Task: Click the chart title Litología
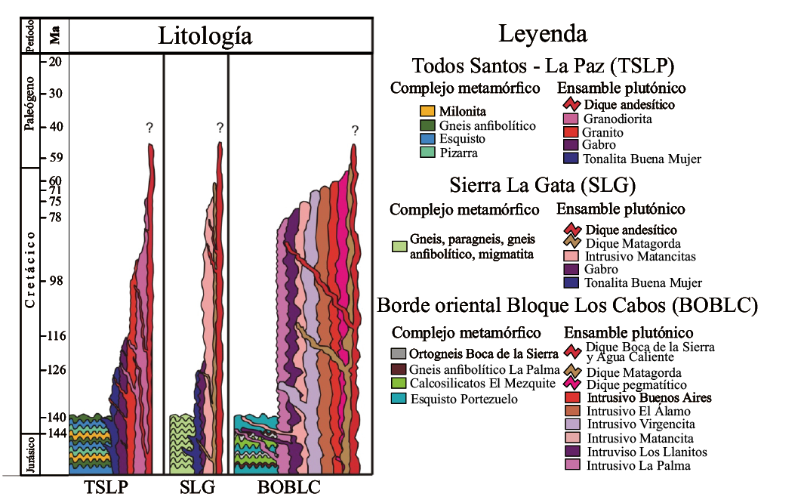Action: pyautogui.click(x=205, y=35)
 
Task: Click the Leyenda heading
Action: pyautogui.click(x=542, y=34)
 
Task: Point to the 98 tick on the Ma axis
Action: pyautogui.click(x=55, y=281)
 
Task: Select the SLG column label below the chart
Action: pyautogui.click(x=197, y=487)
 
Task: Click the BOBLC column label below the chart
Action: pyautogui.click(x=289, y=487)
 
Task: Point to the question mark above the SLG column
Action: pyautogui.click(x=220, y=128)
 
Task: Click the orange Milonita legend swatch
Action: pyautogui.click(x=427, y=112)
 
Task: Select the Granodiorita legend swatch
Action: pyautogui.click(x=571, y=119)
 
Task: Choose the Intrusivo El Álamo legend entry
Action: pyautogui.click(x=628, y=411)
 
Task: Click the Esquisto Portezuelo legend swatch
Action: pyautogui.click(x=399, y=398)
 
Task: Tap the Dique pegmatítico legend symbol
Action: pyautogui.click(x=572, y=385)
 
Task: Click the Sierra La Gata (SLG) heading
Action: pyautogui.click(x=542, y=185)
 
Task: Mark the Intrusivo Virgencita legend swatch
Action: pyautogui.click(x=573, y=424)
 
